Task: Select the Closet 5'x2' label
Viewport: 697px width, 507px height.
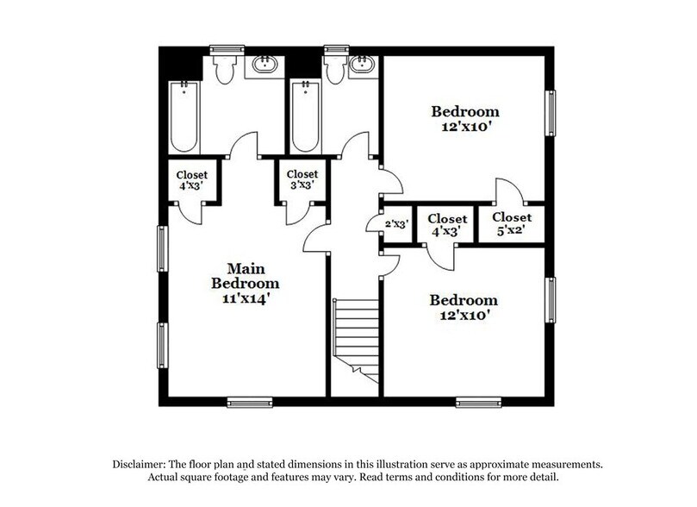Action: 512,223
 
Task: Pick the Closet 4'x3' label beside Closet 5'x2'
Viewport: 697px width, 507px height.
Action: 447,225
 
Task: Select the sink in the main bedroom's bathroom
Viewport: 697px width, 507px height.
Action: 264,66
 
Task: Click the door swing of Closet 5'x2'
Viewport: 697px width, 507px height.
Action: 506,191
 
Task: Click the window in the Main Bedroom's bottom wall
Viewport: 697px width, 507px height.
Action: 250,401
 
